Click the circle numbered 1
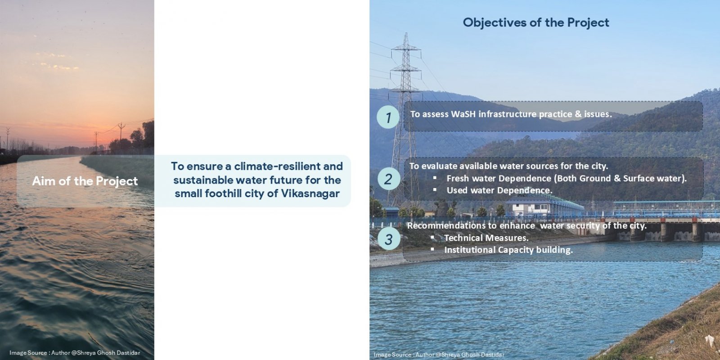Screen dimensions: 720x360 coord(388,117)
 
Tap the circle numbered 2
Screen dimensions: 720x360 coord(389,179)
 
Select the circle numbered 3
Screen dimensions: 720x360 coord(389,239)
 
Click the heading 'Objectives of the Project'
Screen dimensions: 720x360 coord(536,22)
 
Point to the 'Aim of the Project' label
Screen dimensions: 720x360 coord(85,181)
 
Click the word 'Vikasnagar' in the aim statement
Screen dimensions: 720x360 coord(310,193)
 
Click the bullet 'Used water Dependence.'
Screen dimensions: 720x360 coord(499,190)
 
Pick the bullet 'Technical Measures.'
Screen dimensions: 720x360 coord(486,238)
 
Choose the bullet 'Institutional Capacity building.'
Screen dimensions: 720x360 coord(508,250)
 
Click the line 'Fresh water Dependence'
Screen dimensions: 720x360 coord(567,178)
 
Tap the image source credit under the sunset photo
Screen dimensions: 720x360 coord(75,353)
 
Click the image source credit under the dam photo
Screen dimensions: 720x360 coord(439,355)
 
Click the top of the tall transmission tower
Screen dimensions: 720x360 coord(406,33)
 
